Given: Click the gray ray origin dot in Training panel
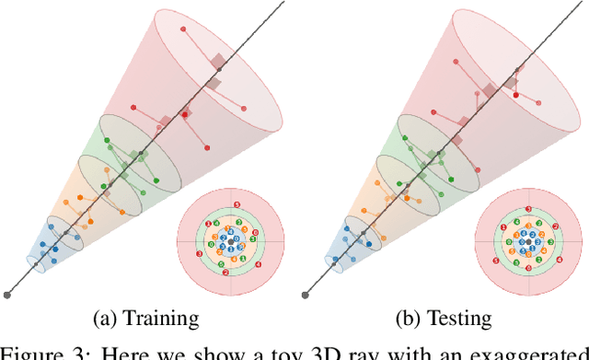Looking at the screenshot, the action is coord(8,295).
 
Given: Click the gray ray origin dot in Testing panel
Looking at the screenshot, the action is coord(306,295).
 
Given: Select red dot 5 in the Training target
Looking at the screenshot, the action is coord(237,204).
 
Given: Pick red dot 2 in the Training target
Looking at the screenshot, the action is coord(225,273).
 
